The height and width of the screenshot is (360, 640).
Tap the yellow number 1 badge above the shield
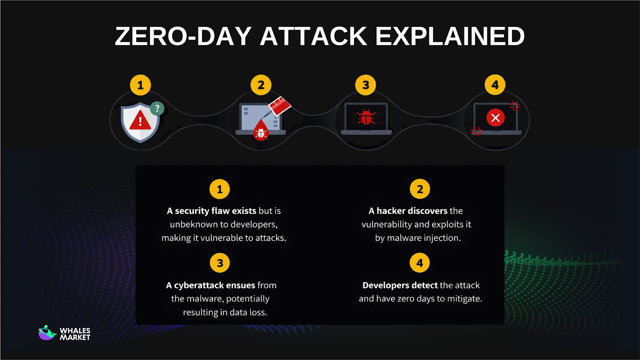[x=140, y=85]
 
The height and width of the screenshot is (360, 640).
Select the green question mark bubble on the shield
[x=157, y=108]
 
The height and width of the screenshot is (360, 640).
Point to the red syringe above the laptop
[x=279, y=106]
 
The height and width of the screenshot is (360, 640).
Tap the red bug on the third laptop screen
[x=366, y=117]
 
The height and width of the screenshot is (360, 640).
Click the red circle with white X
[x=495, y=118]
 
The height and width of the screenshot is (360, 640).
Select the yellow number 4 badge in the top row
[x=495, y=85]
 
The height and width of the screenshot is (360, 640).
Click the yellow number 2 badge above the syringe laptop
[x=261, y=85]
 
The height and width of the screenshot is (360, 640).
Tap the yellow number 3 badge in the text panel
[x=220, y=263]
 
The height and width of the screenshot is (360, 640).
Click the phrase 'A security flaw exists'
[x=211, y=211]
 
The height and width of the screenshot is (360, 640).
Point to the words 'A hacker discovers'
[x=408, y=211]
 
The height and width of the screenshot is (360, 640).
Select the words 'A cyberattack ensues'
[x=210, y=285]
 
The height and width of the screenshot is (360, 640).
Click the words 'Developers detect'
[x=400, y=285]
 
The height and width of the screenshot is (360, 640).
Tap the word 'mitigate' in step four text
[x=464, y=299]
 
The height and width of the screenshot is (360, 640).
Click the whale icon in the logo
[x=47, y=333]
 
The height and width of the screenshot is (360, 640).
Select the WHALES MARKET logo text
[x=75, y=334]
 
